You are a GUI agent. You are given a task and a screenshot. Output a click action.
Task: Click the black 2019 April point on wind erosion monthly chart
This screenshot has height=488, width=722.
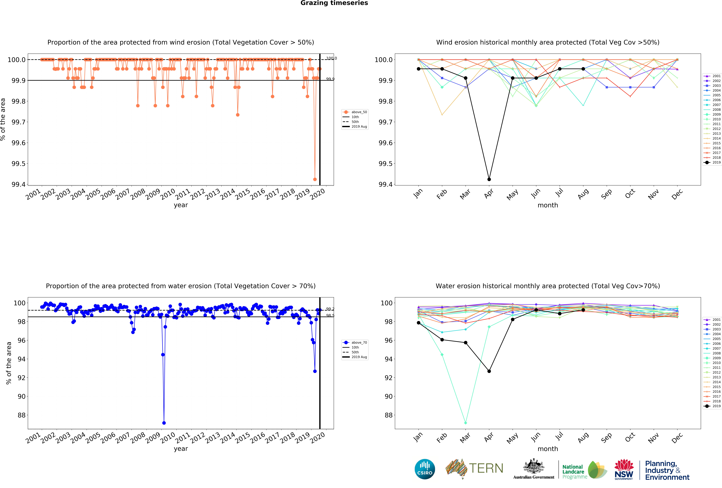[x=489, y=179]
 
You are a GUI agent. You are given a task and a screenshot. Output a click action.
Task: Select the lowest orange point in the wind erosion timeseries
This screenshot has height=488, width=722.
[x=315, y=179]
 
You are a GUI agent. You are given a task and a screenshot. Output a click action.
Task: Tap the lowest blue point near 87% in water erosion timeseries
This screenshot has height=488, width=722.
[x=164, y=423]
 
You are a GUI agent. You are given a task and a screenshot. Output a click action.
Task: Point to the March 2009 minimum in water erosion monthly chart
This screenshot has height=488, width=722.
[x=465, y=423]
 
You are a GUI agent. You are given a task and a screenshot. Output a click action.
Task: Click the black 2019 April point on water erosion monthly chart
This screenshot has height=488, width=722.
[x=489, y=371]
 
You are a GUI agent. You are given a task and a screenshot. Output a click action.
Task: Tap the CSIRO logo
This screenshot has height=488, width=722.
[x=425, y=469]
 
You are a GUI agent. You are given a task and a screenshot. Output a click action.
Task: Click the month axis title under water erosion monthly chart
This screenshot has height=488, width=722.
[x=548, y=449]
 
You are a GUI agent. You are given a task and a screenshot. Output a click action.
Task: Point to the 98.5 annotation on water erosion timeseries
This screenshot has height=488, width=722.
[x=330, y=316]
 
